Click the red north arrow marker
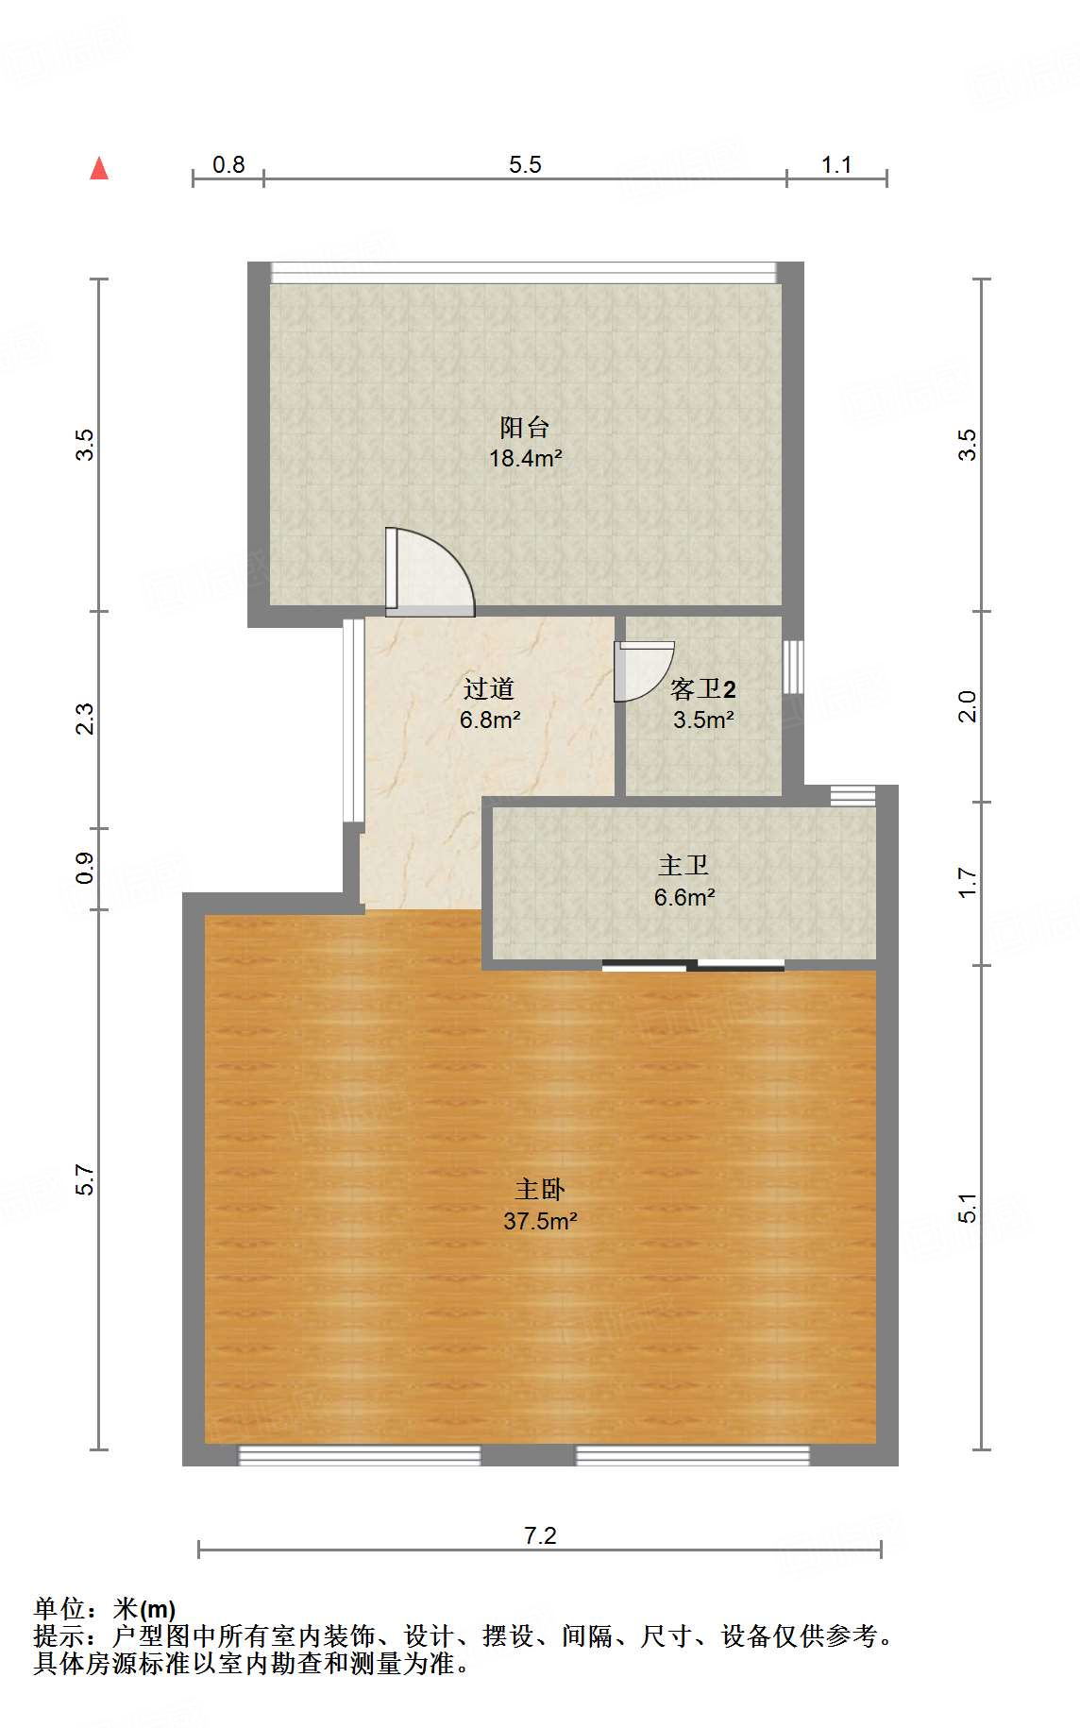point(99,168)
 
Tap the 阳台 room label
point(525,428)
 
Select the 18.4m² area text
point(525,459)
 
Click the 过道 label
point(489,688)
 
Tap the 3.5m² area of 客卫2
point(703,720)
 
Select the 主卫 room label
point(683,865)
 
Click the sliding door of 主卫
point(693,965)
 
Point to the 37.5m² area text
point(540,1221)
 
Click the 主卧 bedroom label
point(540,1190)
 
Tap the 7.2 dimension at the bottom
point(540,1535)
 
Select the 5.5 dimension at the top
point(525,164)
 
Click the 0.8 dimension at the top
point(228,164)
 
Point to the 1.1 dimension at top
point(836,164)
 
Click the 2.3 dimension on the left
point(85,719)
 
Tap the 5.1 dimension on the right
point(968,1208)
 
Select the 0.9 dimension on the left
point(85,868)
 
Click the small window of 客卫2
point(794,667)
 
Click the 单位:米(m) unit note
point(105,1608)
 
